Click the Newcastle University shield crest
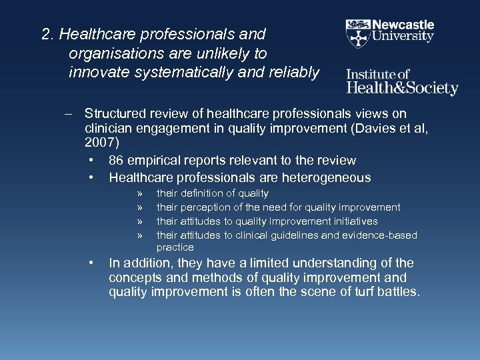pos(358,31)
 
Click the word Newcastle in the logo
pos(403,25)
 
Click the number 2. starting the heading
pos(47,34)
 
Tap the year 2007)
pos(101,142)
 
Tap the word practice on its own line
pos(175,247)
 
